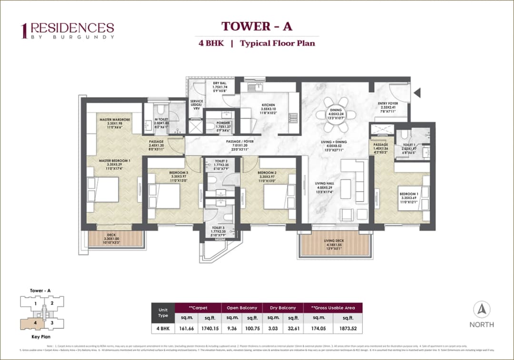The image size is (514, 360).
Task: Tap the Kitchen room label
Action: tap(268, 107)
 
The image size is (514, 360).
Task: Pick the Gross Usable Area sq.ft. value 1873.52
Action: tap(347, 328)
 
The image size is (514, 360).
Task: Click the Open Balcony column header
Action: tap(242, 308)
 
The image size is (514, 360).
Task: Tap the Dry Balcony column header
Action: tap(283, 308)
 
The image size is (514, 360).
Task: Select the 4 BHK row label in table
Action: tap(163, 328)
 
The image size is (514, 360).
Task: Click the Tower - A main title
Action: tap(257, 26)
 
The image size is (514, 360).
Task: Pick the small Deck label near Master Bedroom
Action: tap(111, 238)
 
